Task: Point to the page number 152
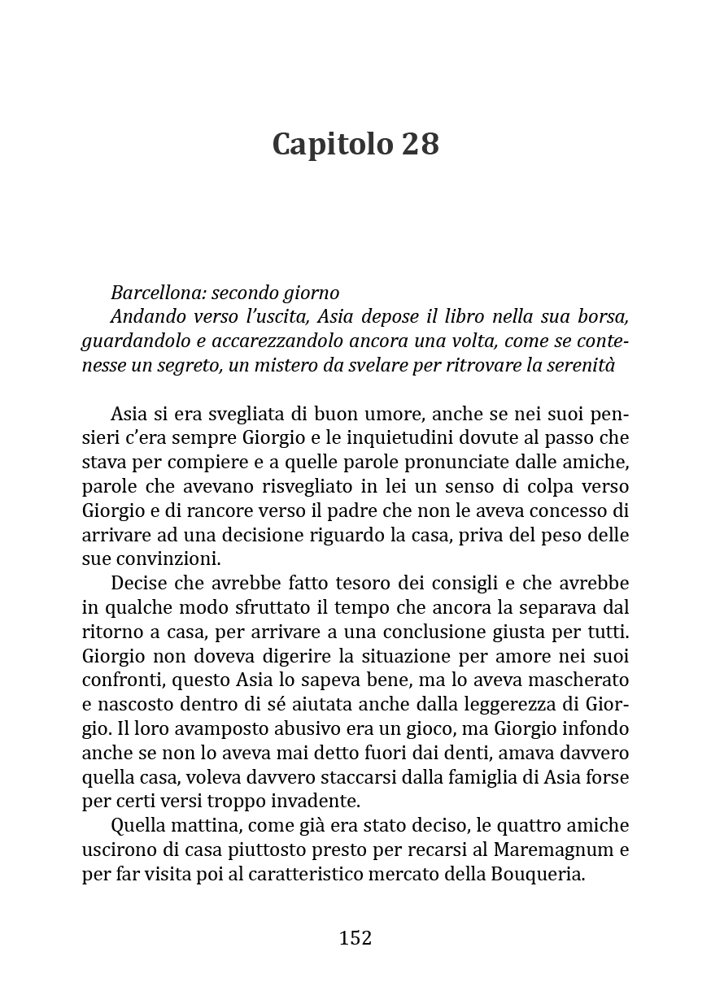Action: click(x=355, y=938)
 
